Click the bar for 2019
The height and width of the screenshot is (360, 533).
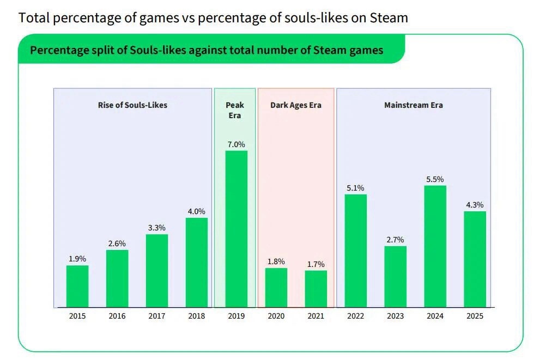236,229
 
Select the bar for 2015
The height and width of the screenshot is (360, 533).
77,286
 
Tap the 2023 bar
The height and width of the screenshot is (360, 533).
395,277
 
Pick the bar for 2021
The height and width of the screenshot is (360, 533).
316,289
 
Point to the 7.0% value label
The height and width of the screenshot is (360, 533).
236,144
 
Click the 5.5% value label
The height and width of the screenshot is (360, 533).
435,179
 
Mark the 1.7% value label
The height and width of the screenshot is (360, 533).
316,264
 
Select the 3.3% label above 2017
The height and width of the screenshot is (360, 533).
157,228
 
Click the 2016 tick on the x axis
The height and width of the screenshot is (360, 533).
117,316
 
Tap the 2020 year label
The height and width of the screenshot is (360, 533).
276,316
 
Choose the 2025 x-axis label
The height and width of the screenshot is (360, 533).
475,316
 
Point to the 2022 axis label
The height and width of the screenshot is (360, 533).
355,316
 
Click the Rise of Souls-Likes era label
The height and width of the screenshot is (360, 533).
132,105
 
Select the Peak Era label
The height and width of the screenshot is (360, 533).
235,110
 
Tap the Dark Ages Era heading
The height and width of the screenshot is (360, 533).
296,105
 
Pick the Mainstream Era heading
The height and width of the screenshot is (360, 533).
414,105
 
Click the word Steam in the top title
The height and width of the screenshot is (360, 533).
388,17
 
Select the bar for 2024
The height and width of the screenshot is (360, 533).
435,246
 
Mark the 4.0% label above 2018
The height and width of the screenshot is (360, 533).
196,211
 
